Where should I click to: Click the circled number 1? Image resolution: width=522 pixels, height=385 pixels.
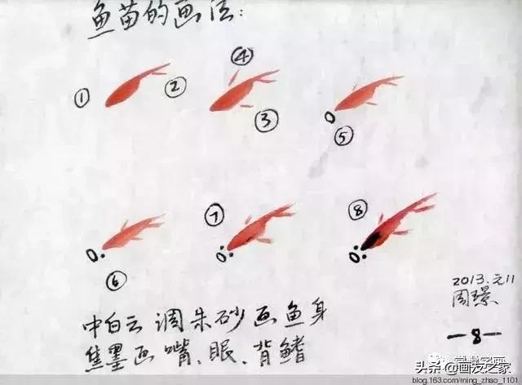[82, 100]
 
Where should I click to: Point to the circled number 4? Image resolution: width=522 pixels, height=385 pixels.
[242, 56]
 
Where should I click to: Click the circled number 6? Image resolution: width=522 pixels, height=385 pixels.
[117, 281]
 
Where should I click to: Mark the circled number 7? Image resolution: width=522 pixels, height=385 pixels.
[215, 217]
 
